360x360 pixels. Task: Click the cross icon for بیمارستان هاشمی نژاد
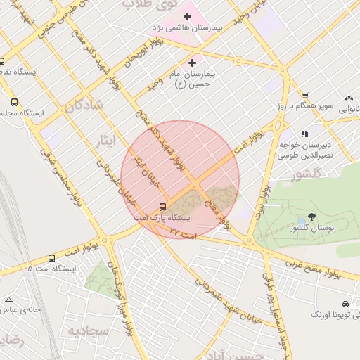click(x=187, y=15)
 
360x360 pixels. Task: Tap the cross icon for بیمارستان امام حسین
click(x=192, y=63)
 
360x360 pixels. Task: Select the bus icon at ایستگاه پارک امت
click(x=163, y=207)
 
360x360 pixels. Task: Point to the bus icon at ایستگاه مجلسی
click(x=15, y=102)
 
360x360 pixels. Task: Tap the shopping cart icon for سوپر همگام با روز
click(x=305, y=95)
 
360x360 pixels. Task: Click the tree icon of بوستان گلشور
click(x=312, y=217)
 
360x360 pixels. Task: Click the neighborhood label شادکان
click(x=83, y=105)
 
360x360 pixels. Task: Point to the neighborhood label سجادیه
click(x=89, y=330)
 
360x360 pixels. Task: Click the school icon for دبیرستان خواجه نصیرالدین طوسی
click(x=304, y=134)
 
